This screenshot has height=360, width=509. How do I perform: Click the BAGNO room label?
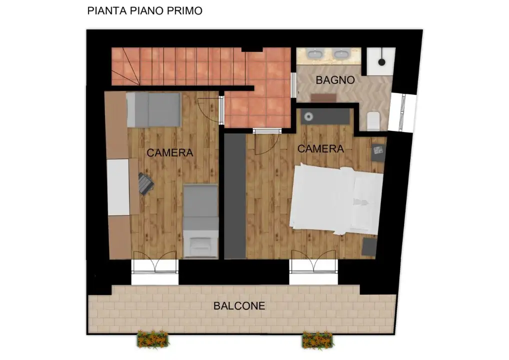coord(335,80)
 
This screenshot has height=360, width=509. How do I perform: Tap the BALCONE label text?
coord(239,306)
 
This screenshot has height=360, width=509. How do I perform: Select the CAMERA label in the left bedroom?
coord(169,153)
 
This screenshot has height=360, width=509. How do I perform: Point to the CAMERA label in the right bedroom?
coord(320,148)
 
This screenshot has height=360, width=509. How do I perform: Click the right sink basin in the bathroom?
coord(342,53)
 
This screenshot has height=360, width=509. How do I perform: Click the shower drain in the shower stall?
coord(381,62)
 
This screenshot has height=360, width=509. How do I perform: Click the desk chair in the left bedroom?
coord(145,183)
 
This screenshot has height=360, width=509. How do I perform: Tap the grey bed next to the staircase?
coord(153,109)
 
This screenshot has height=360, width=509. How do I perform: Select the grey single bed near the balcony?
coord(199,220)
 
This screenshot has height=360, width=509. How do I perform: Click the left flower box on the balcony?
coord(153,339)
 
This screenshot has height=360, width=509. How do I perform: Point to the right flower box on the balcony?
coord(317,340)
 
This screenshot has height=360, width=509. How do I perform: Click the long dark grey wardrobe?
coord(234,195)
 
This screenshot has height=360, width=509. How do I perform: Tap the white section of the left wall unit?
coord(118,187)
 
